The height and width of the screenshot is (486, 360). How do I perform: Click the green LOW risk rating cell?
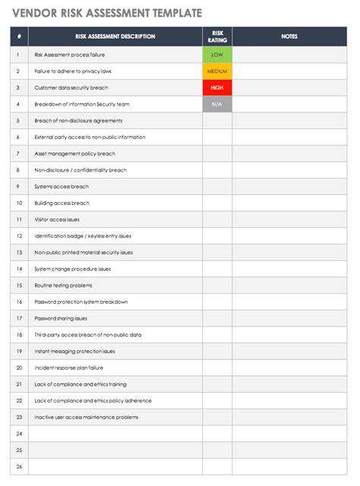tap(217, 55)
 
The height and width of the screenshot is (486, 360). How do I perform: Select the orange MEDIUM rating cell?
tap(217, 71)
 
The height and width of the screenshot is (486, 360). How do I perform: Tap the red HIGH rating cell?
tap(217, 87)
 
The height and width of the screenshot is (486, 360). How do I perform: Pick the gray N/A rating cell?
tap(217, 104)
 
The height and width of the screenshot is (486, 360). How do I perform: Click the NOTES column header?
tap(289, 36)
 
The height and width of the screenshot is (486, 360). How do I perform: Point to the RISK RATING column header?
tap(217, 36)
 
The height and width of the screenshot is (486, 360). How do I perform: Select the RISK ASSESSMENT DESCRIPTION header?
tap(115, 36)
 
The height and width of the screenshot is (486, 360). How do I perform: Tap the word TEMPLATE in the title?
tap(178, 13)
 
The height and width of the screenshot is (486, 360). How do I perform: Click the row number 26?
tap(18, 466)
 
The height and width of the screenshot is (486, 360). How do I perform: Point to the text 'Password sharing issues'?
tap(61, 318)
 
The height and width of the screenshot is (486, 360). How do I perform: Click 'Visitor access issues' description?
tap(57, 219)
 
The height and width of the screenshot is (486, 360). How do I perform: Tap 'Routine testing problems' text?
tap(63, 286)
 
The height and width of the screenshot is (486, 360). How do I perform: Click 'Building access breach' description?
tap(62, 203)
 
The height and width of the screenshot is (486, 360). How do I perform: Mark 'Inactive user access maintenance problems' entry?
tap(86, 417)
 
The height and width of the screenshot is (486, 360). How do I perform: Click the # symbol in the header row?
tap(18, 36)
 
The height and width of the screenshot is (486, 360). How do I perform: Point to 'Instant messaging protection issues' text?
tap(74, 351)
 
